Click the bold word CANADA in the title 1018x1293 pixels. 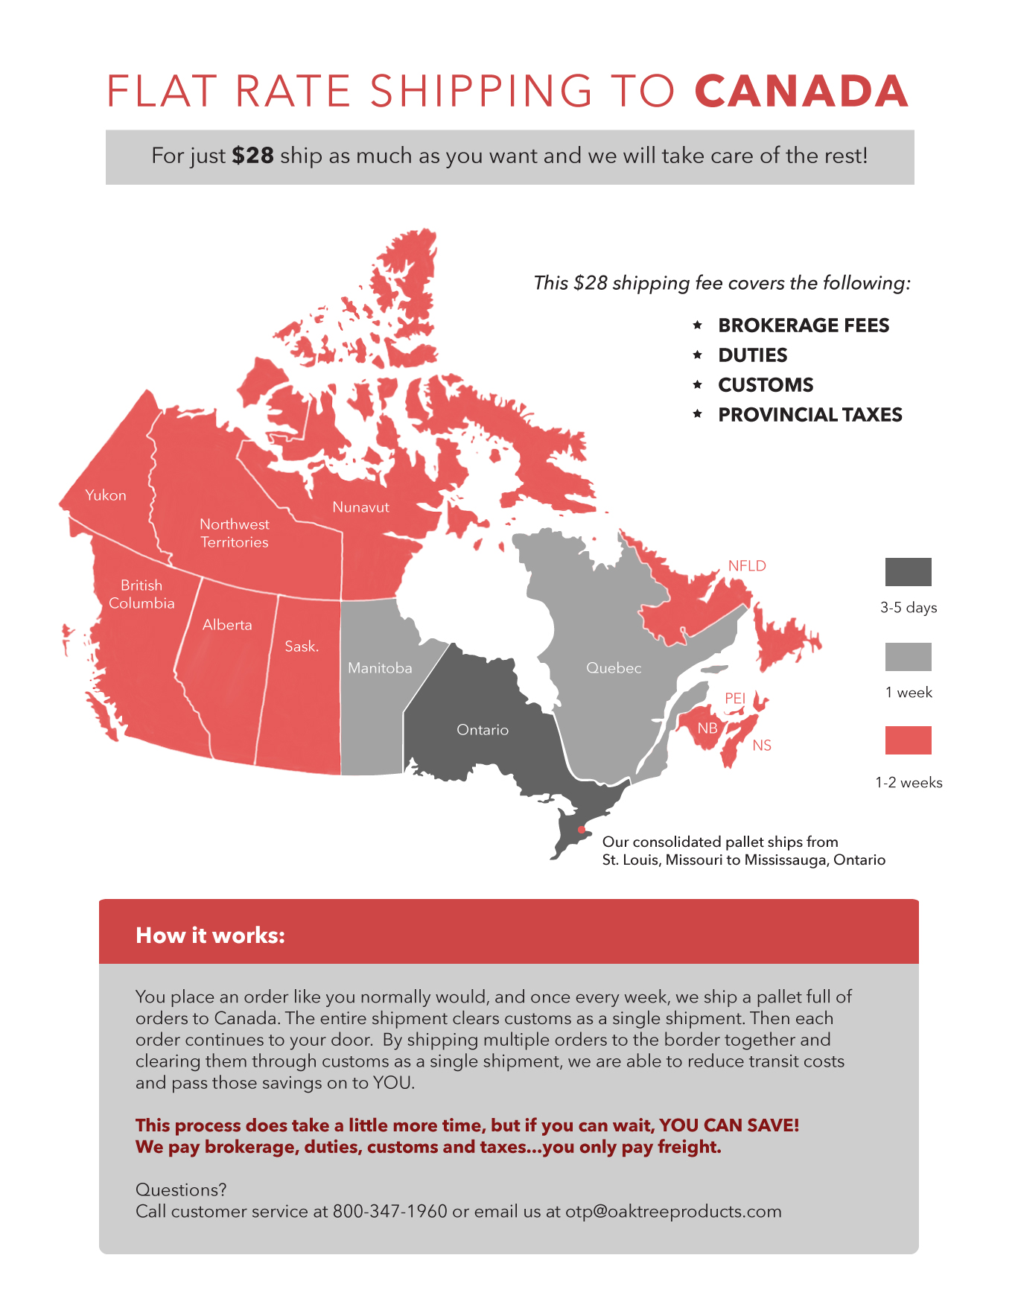[801, 91]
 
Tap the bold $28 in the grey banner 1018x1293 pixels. [252, 156]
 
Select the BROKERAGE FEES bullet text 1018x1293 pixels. [804, 325]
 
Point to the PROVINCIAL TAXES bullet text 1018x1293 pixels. [809, 415]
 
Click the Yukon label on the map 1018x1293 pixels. [106, 495]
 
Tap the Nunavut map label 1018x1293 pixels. [360, 507]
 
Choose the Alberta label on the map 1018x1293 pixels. [227, 625]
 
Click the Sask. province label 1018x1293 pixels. [302, 646]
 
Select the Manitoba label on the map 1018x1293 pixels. [380, 668]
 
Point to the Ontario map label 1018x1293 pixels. [483, 730]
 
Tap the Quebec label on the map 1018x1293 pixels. [614, 668]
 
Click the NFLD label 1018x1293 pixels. [747, 566]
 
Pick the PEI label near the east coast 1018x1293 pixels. [735, 698]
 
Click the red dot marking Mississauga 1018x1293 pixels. [582, 830]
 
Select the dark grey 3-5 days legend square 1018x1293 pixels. [908, 572]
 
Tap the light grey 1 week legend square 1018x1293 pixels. [908, 657]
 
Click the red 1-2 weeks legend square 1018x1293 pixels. [908, 740]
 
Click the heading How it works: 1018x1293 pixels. [210, 935]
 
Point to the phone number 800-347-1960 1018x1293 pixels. [389, 1211]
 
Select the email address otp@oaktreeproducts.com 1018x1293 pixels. [673, 1211]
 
